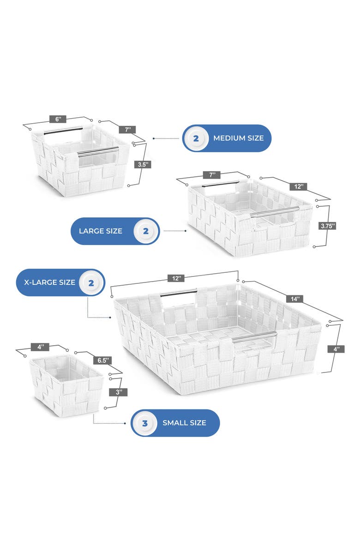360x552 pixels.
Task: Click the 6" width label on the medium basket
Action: [x=58, y=119]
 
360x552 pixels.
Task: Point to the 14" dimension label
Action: [x=294, y=299]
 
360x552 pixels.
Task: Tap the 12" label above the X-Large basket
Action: [x=177, y=278]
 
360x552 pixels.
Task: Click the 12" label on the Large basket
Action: [x=298, y=186]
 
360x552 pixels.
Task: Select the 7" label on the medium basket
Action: [x=127, y=130]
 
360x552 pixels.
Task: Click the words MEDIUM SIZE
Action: [x=238, y=138]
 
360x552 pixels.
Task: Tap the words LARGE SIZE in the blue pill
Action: [x=101, y=231]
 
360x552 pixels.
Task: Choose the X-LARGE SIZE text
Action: [x=46, y=282]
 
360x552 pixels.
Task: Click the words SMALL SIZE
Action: [x=184, y=423]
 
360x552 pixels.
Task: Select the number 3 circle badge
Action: [x=145, y=423]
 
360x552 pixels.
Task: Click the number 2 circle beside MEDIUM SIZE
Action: [x=196, y=138]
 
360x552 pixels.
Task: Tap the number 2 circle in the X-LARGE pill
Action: [x=91, y=282]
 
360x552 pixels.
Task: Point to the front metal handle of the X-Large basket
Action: [x=254, y=337]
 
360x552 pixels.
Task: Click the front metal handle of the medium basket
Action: [x=97, y=151]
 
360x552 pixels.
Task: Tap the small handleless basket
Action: [x=66, y=386]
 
